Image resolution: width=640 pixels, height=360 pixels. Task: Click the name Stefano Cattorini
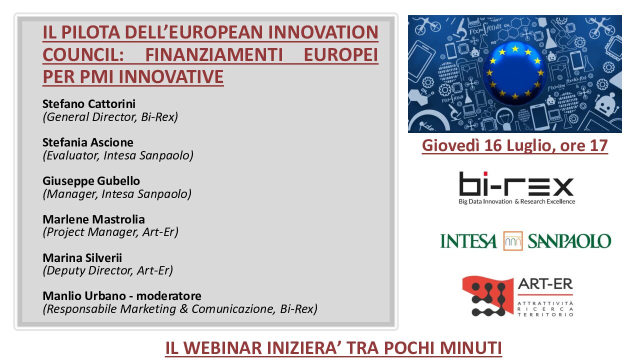pos(89,104)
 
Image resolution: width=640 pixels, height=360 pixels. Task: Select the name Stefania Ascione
pos(87,142)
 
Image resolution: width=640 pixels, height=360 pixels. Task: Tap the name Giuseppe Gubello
pos(91,181)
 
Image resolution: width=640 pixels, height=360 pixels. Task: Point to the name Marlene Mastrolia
pos(93,219)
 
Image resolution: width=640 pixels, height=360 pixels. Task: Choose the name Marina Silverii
pos(82,257)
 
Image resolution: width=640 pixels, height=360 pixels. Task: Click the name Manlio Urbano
pos(84,296)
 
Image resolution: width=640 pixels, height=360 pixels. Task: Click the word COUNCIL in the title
pos(83,55)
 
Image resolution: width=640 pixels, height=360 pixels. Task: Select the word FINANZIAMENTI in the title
pos(214,55)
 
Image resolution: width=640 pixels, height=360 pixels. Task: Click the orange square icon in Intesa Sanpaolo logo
pos(513,241)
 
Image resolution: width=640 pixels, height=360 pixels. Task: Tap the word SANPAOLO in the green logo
pos(569,241)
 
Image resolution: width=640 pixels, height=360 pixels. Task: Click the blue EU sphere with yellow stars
pos(515,73)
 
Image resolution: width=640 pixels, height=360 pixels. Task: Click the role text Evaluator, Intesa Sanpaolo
pos(118,155)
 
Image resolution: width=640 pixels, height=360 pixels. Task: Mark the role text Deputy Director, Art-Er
pos(107,270)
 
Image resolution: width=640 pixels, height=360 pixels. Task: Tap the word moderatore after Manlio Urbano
pos(169,296)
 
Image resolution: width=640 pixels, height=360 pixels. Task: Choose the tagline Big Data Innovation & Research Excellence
pos(517,201)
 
